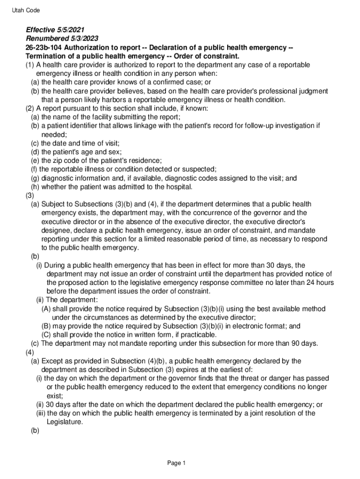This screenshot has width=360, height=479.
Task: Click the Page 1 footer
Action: (177, 463)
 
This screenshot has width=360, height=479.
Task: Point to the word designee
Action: (57, 231)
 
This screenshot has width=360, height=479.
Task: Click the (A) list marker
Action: (46, 309)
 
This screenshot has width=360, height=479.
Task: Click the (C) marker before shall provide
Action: (46, 335)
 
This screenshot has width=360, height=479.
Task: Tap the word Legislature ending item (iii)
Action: (65, 422)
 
